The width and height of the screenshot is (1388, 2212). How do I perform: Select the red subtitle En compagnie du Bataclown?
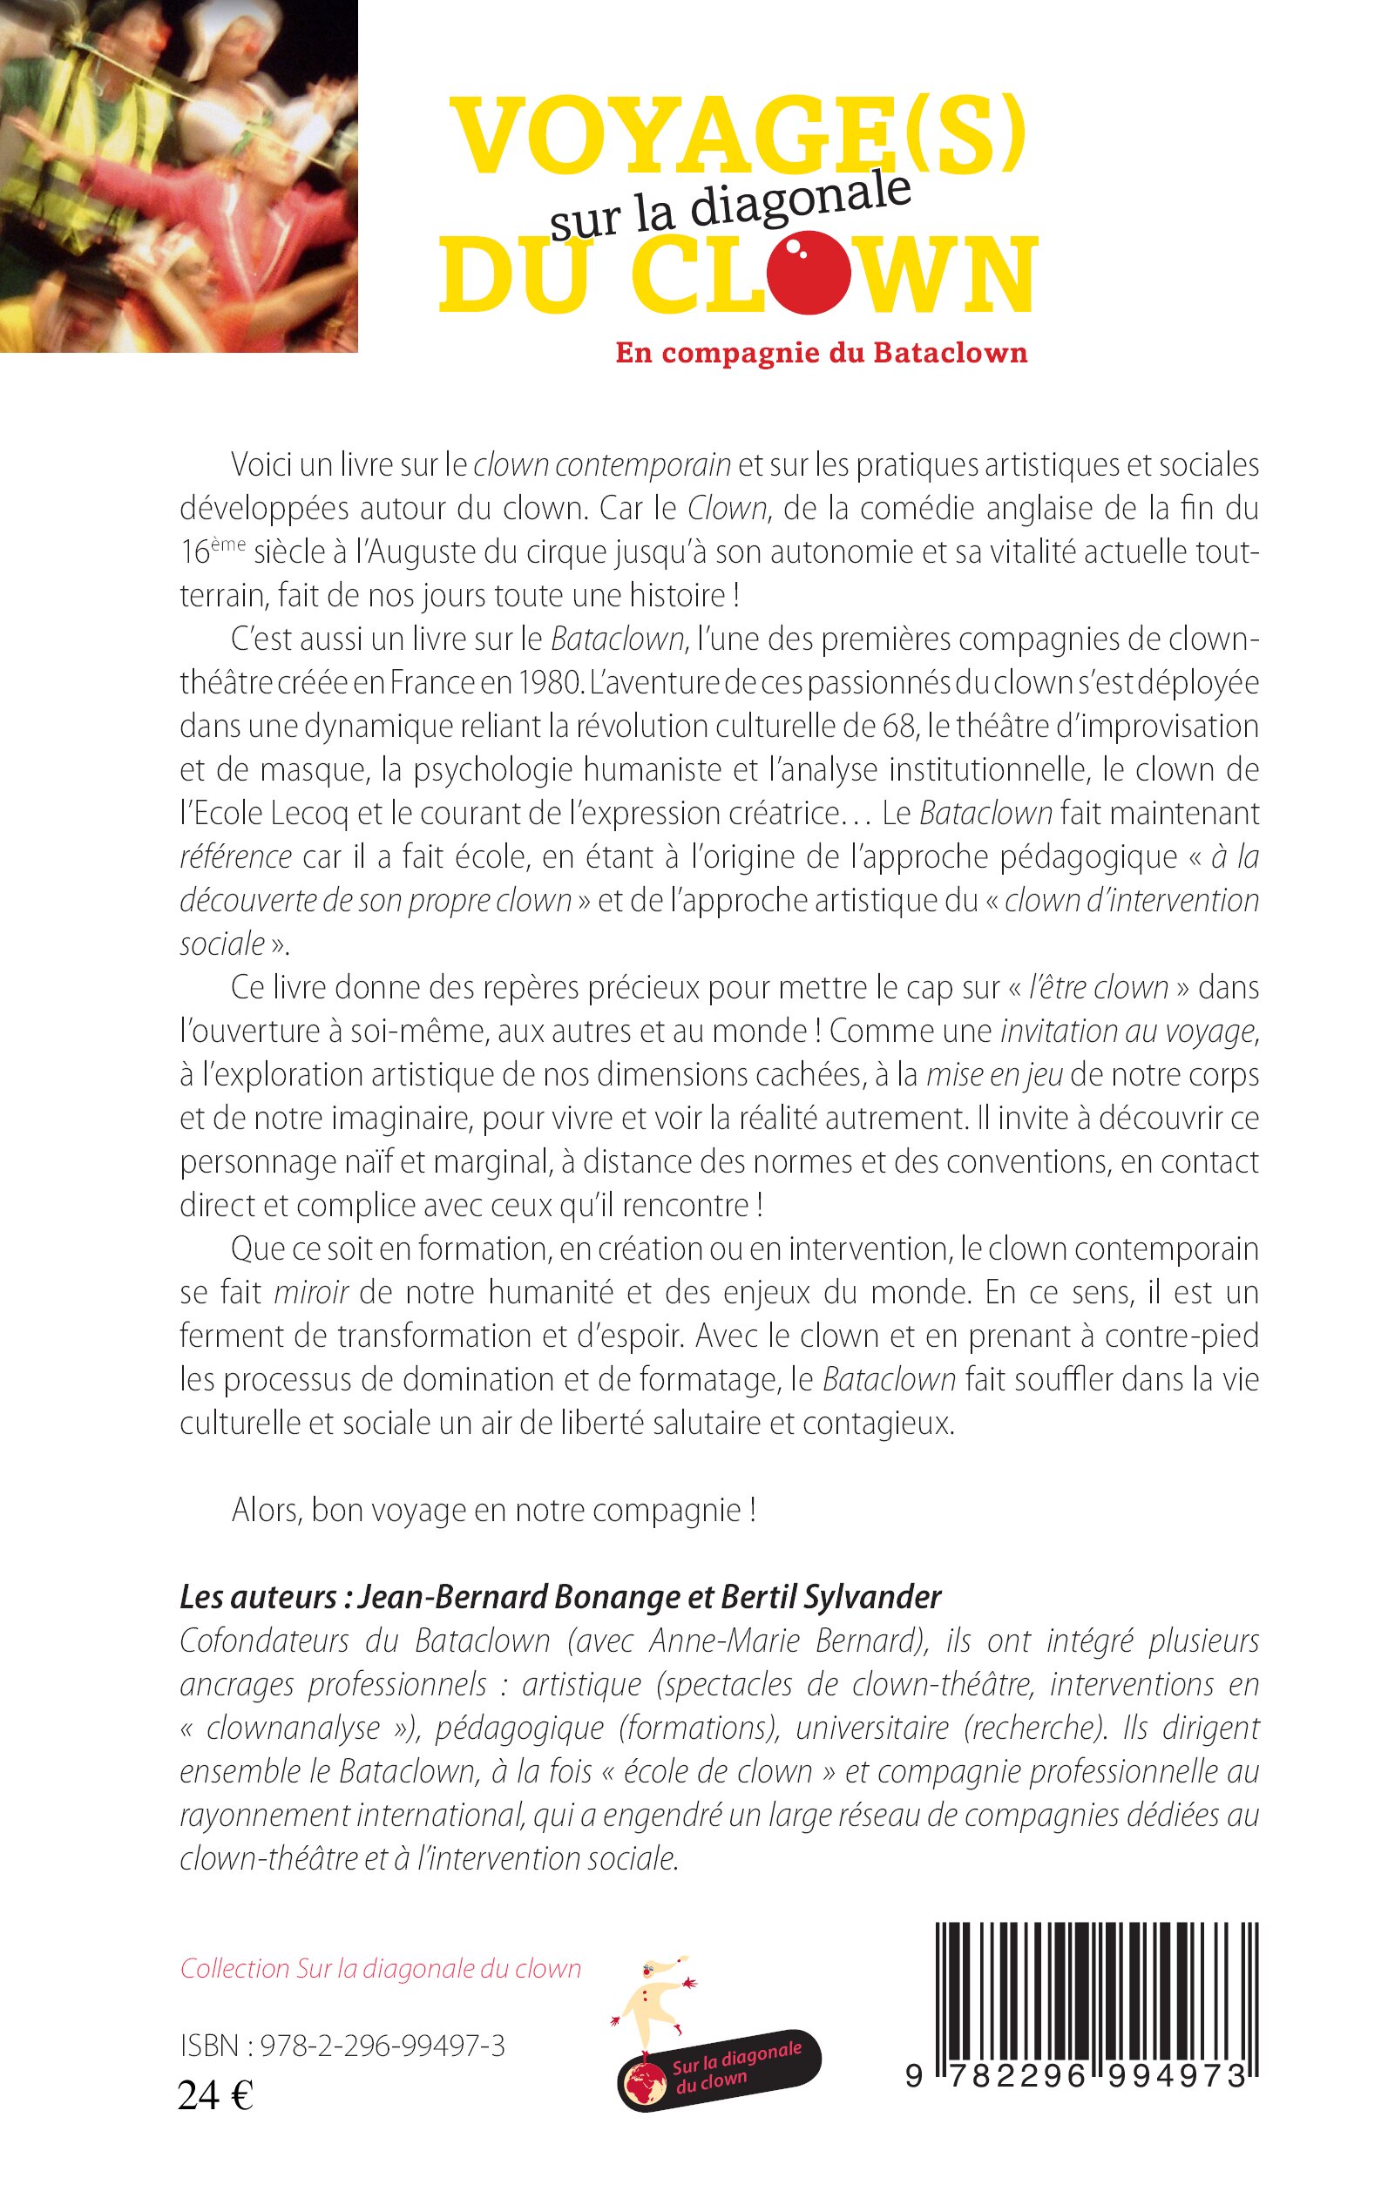pyautogui.click(x=821, y=354)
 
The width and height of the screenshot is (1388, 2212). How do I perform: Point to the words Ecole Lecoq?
pyautogui.click(x=267, y=813)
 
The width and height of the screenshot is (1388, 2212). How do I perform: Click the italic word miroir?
pyautogui.click(x=310, y=1292)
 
